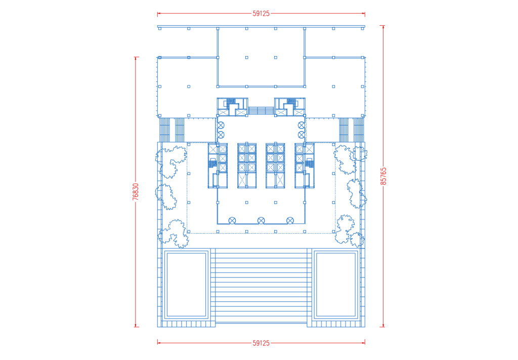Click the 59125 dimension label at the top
(x=261, y=14)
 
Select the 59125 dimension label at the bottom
(x=261, y=343)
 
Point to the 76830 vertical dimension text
(x=136, y=192)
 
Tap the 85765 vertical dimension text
(x=383, y=176)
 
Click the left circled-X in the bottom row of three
(x=232, y=220)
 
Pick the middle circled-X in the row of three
(x=261, y=220)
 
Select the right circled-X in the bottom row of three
(x=290, y=220)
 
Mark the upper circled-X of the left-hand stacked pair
(x=221, y=125)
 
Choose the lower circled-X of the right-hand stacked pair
(x=301, y=135)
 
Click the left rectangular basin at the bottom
(x=187, y=285)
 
